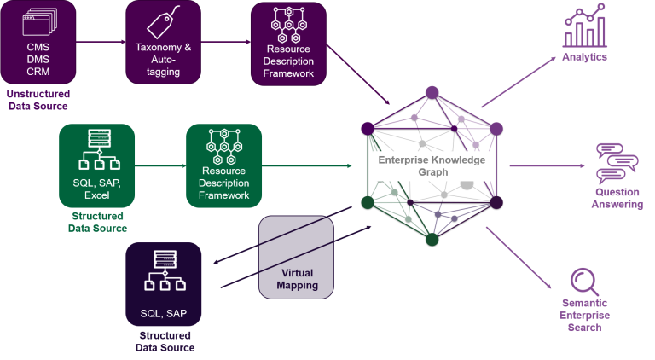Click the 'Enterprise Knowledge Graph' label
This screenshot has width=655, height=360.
pos(432,166)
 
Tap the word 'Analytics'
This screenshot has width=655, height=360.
pos(584,57)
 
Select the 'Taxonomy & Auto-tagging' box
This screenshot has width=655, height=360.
pos(163,42)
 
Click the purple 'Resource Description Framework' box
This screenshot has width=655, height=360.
pos(289,42)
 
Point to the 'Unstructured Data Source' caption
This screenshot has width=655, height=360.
pos(38,100)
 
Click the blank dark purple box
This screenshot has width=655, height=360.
pos(295,257)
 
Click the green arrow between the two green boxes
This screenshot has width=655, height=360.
pos(160,165)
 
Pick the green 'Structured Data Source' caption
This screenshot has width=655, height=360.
pos(97,222)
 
